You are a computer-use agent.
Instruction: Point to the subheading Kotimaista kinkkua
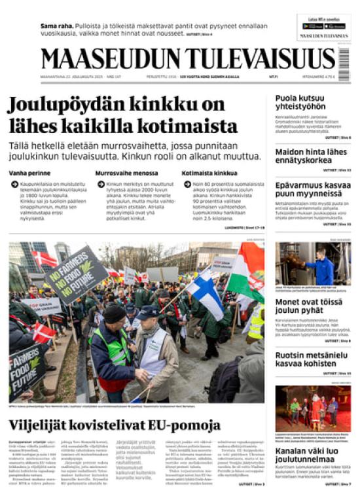coord(209,173)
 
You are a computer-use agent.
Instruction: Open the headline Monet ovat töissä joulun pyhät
coord(308,306)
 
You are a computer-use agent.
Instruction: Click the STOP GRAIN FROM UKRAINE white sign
coord(45,306)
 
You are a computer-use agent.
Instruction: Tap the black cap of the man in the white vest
coord(147,312)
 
